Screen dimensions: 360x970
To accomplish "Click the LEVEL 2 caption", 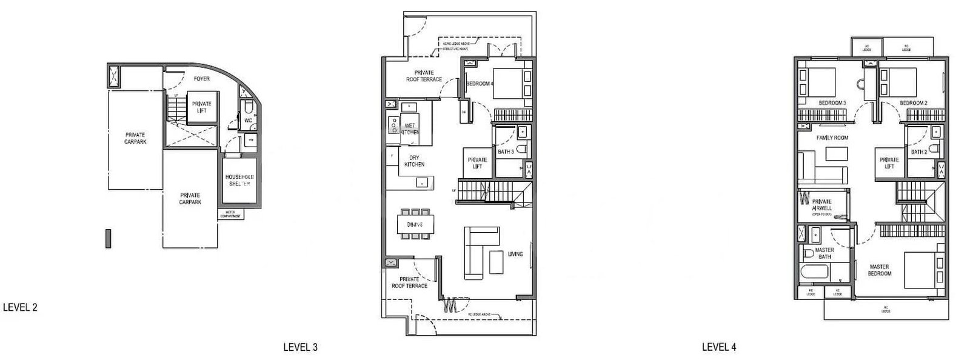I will pos(20,307).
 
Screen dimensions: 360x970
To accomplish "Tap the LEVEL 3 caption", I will pos(300,347).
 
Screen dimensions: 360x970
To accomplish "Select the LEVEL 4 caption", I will pos(719,347).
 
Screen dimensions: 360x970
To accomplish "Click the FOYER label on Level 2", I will pos(202,79).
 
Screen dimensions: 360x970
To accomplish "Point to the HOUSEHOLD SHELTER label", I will pos(239,180).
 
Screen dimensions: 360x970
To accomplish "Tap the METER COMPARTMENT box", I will pos(230,215).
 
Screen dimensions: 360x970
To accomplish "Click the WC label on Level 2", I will pos(249,120).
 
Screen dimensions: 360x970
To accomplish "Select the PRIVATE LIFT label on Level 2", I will pos(201,107).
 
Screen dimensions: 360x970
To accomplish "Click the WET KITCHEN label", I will pos(410,128).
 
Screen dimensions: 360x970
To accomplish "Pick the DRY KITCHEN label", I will pos(414,161).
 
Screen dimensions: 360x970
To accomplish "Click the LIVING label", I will pos(515,254).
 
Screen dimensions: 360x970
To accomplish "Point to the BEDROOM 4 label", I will pos(478,83).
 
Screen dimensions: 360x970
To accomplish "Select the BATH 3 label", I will pos(506,152).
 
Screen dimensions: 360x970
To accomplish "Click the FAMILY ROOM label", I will pos(832,138).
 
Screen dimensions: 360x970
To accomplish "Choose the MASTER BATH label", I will pos(824,253).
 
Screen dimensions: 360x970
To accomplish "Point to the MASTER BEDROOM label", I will pos(879,270).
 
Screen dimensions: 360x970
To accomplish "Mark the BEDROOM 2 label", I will pos(913,103).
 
